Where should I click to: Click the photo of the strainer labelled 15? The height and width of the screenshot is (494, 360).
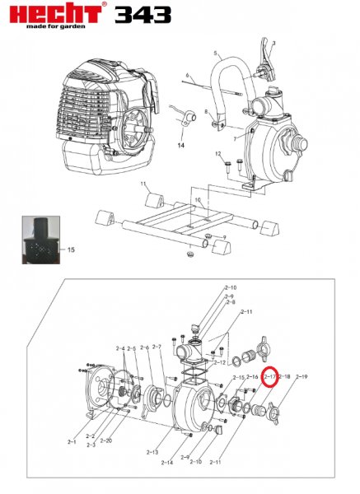[40, 239]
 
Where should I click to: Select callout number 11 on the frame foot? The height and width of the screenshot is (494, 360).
[142, 184]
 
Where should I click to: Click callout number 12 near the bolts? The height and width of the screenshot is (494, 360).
[218, 154]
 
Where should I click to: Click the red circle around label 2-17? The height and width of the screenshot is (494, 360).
[269, 376]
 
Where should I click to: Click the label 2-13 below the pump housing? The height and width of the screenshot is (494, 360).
[152, 452]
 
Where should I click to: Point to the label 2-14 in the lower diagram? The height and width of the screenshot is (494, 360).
[167, 462]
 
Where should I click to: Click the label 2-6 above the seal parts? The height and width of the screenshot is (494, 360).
[145, 347]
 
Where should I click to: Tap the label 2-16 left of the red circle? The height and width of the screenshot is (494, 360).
[253, 376]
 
